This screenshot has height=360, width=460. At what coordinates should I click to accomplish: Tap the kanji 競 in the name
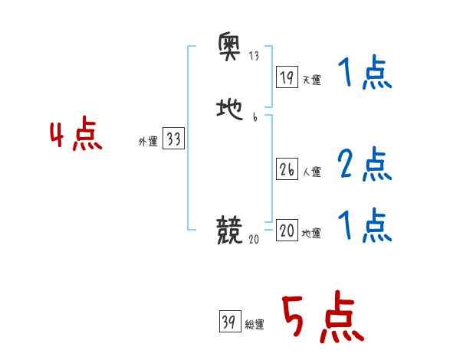point(230,230)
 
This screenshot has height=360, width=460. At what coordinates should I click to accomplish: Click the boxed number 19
point(287,77)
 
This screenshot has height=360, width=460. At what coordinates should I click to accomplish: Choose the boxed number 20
point(287,231)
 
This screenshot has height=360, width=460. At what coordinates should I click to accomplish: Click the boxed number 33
point(173,139)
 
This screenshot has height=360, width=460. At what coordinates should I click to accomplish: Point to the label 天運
point(311,79)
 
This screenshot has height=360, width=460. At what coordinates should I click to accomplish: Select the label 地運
point(311,233)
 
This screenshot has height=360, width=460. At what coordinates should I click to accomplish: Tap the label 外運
point(148,141)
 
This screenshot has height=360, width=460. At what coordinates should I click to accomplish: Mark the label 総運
point(255,325)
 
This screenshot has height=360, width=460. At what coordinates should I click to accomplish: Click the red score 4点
point(76,137)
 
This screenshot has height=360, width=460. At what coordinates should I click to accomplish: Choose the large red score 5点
point(322,319)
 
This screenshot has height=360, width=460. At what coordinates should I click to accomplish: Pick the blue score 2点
point(364,163)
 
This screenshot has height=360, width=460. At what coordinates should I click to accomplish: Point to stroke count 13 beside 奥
point(254,57)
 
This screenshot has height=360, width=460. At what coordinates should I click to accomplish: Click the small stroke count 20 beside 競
point(254,239)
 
